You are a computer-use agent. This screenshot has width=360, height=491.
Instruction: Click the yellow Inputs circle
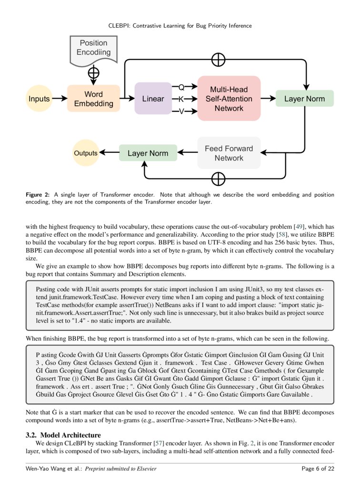coord(39,99)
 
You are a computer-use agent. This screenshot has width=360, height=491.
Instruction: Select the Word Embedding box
coord(93,99)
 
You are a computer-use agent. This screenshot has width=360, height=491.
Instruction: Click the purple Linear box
coord(153,99)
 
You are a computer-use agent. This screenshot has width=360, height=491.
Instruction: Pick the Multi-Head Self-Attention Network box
coord(229,99)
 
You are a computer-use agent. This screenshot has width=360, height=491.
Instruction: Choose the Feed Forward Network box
coord(229,153)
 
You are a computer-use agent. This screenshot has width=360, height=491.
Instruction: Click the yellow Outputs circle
coord(85,153)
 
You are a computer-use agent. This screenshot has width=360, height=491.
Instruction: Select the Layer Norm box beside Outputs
coord(148,153)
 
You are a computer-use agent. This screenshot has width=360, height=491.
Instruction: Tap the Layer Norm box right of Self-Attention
coord(305,99)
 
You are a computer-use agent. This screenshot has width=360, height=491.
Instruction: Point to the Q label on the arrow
coord(181,87)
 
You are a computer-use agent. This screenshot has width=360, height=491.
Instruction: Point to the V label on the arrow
coord(181,111)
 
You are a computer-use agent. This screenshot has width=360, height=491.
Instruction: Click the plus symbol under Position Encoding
coord(94,73)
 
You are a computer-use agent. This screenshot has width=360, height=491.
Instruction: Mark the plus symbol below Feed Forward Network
coord(218,179)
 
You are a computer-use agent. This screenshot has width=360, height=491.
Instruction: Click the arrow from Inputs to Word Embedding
coord(60,99)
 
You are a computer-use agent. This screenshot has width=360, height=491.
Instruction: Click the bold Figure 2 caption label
coord(38,195)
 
